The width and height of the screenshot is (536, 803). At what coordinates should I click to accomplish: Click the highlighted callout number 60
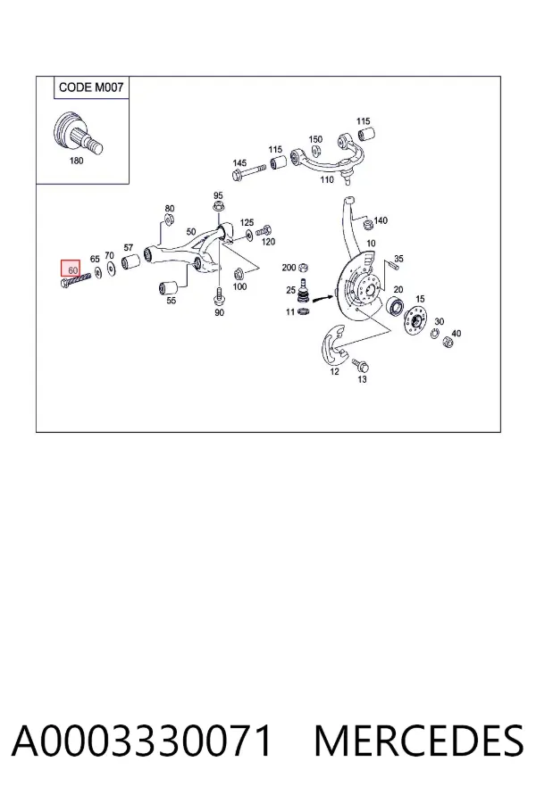73,269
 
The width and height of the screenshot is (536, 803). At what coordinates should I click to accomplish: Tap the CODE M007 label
91,87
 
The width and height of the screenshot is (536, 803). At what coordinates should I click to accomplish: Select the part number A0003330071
141,741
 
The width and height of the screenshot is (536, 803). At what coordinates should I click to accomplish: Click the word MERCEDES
419,741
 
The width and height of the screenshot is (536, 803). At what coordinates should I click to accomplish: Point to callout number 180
76,161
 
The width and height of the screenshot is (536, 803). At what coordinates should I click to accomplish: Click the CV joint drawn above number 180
78,133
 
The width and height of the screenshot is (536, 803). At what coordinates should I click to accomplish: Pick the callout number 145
239,163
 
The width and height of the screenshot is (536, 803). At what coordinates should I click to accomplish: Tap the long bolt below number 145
248,173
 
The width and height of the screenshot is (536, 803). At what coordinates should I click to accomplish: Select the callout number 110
327,179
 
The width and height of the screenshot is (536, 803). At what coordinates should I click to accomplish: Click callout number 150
315,139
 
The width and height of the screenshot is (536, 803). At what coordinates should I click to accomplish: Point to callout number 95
219,195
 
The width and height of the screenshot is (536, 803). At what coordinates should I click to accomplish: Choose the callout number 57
129,248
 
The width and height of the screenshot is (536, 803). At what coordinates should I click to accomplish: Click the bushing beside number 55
169,287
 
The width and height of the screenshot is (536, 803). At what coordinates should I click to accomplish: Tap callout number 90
219,312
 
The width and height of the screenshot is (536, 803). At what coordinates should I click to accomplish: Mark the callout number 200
289,268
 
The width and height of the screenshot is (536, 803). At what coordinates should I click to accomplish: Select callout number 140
381,220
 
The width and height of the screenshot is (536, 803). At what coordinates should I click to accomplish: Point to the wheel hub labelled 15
415,321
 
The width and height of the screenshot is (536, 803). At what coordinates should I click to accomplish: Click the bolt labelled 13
361,365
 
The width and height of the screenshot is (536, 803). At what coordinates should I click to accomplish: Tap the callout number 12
334,371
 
